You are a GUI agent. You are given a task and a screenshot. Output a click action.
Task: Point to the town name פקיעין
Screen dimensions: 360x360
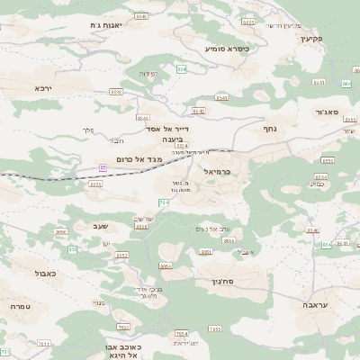(311, 39)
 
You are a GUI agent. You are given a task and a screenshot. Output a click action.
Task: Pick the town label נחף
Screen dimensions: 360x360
(269, 129)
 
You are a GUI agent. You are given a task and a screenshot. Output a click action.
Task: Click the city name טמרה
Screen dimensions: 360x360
(19, 306)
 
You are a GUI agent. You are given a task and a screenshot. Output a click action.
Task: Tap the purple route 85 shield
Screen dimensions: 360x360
(103, 167)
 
